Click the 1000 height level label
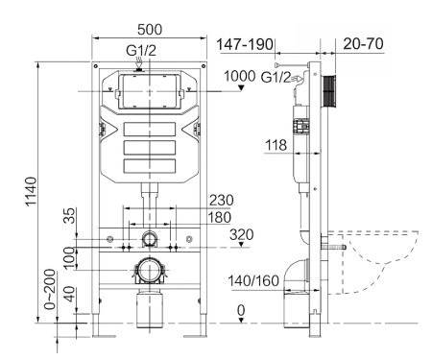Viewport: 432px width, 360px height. coord(241,77)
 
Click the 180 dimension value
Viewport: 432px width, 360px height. coord(222,218)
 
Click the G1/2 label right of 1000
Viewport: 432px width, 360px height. coord(278,77)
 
